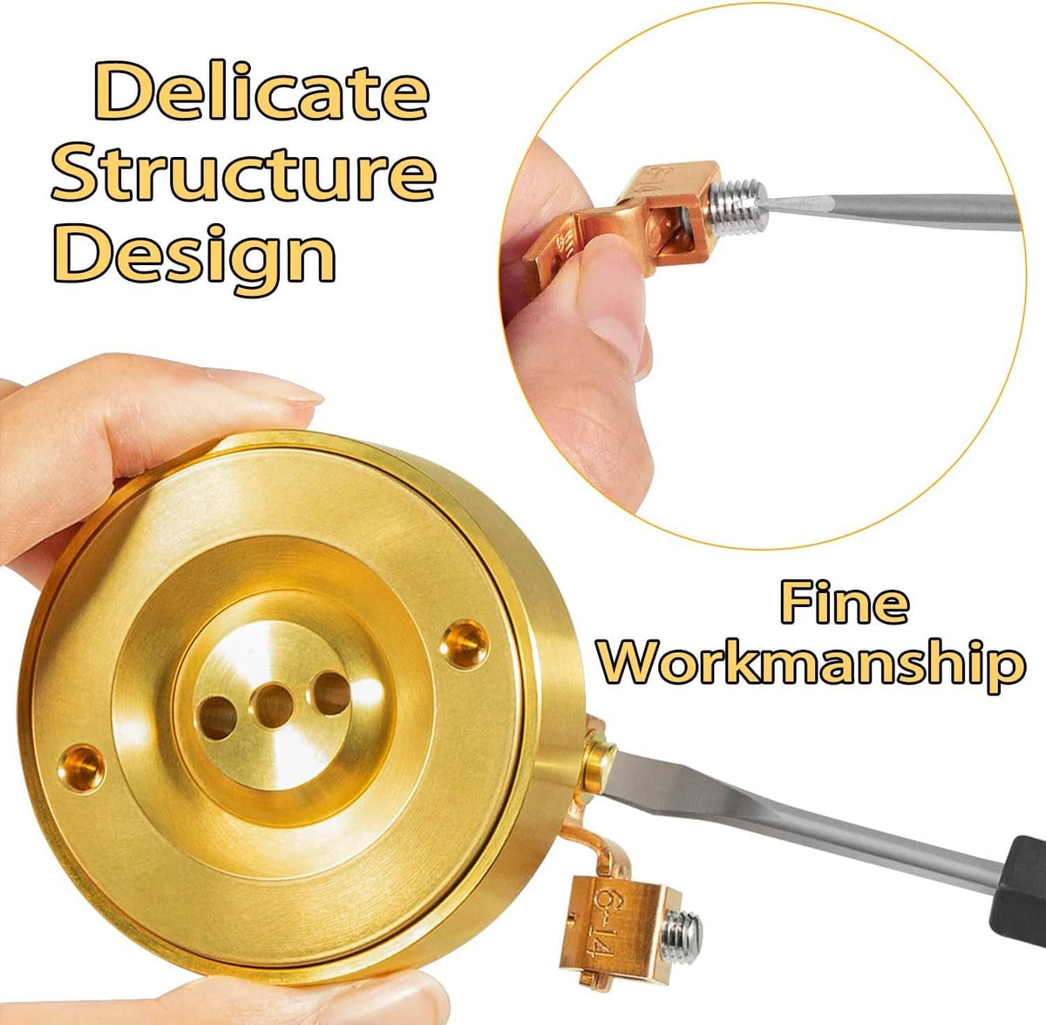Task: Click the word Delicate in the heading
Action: click(x=261, y=91)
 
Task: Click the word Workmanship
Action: click(x=812, y=666)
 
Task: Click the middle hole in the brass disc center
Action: click(x=274, y=706)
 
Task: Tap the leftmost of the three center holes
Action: click(x=217, y=717)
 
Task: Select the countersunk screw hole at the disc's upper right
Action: click(x=463, y=645)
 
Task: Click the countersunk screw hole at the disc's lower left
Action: click(x=82, y=769)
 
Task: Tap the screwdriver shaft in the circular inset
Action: click(x=890, y=209)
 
